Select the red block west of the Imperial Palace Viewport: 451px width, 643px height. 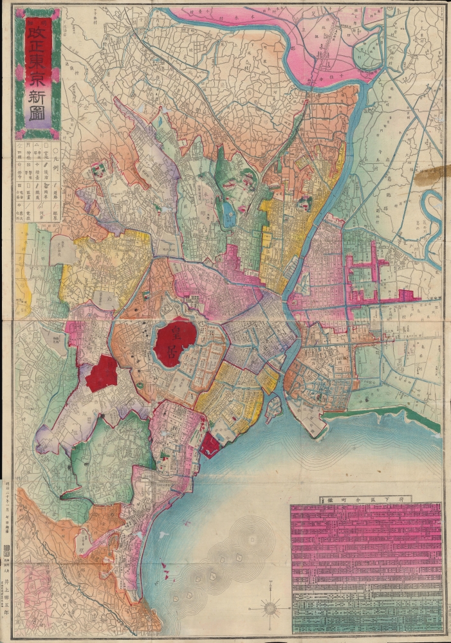tap(102, 373)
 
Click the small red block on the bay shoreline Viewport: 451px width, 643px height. tap(210, 446)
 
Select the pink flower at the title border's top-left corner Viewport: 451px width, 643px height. tap(19, 14)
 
